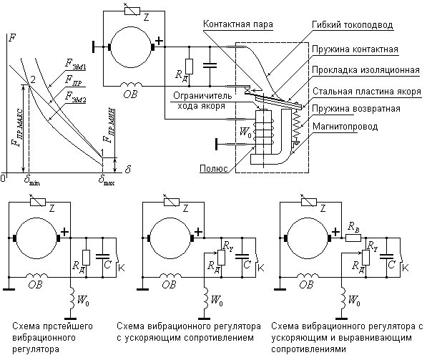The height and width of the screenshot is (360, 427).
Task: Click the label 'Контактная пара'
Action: pyautogui.click(x=238, y=24)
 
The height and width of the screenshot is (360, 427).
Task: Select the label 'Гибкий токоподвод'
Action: pyautogui.click(x=353, y=25)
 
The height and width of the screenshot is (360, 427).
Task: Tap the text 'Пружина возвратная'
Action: pyautogui.click(x=356, y=109)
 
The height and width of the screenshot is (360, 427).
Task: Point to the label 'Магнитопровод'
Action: pyautogui.click(x=345, y=127)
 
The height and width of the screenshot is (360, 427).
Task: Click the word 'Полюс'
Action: pyautogui.click(x=214, y=168)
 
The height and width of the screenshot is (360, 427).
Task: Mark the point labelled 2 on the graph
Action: pyautogui.click(x=29, y=84)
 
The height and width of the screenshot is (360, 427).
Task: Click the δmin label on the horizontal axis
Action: pyautogui.click(x=32, y=180)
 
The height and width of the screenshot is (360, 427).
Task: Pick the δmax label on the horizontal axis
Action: pyautogui.click(x=107, y=180)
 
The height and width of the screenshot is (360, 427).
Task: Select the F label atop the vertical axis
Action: pyautogui.click(x=12, y=38)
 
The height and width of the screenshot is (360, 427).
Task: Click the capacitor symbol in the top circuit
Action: pyautogui.click(x=210, y=65)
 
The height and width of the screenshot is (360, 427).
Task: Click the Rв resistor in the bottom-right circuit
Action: pyautogui.click(x=353, y=238)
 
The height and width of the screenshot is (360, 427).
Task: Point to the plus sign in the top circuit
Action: pyautogui.click(x=159, y=42)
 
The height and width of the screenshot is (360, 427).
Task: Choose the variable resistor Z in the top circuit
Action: pyautogui.click(x=132, y=11)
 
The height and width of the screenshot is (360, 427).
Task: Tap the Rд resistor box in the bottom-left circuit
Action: pyautogui.click(x=87, y=258)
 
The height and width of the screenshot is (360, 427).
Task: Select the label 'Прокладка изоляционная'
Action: pyautogui.click(x=365, y=70)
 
